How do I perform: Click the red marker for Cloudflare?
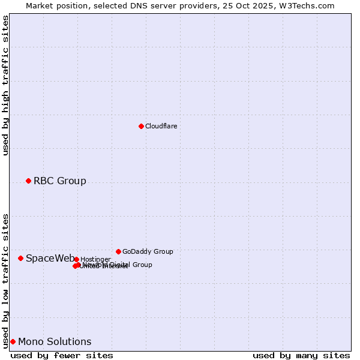pos(141,126)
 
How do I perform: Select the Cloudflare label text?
pos(161,127)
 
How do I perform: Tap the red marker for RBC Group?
pos(28,181)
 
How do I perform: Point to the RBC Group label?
pos(59,181)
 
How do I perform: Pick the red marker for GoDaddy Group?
pos(118,251)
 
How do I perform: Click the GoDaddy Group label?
pos(148,252)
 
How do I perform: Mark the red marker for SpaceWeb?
pos(20,258)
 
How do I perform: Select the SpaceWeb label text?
pos(50,259)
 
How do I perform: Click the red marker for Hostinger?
pos(76,259)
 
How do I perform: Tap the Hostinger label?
pos(95,260)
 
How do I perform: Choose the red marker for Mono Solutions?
pos(13,341)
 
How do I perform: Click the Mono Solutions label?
pos(55,342)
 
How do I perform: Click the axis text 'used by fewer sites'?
pos(62,355)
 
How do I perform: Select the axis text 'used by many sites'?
pos(301,355)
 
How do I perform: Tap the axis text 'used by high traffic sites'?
pos(6,85)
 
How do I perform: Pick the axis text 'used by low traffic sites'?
pos(6,280)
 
